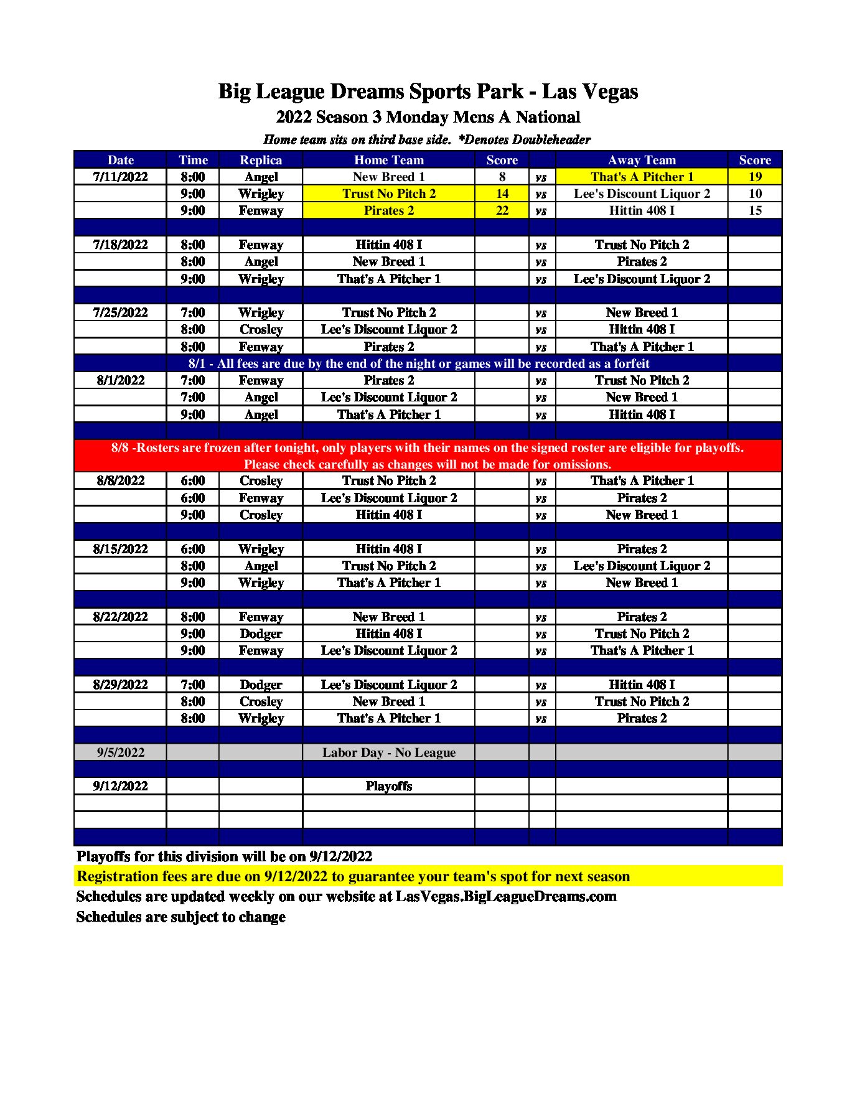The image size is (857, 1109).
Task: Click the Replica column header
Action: coord(261,160)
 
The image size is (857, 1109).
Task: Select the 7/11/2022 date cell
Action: coord(120,177)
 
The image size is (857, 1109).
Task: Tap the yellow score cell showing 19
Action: coord(754,177)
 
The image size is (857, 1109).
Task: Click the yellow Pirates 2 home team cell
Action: coord(388,210)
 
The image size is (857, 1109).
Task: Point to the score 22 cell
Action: coord(502,210)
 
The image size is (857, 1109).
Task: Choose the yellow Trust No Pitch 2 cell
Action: coord(388,194)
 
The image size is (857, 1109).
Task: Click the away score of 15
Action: coord(754,210)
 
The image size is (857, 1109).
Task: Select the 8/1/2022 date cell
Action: coord(120,380)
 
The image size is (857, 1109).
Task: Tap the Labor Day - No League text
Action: coord(388,752)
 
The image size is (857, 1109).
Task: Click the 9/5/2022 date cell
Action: coord(120,752)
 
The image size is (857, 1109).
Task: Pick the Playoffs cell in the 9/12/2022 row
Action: coord(388,786)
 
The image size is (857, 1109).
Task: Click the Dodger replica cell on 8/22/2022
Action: coord(261,634)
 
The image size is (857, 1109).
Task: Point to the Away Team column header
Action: coord(641,160)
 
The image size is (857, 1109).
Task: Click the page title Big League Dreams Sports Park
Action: coord(428,91)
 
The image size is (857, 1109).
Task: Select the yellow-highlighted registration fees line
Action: coord(353,876)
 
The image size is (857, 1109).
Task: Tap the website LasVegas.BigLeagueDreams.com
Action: coord(505,897)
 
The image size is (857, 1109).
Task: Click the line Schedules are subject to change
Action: coord(180,917)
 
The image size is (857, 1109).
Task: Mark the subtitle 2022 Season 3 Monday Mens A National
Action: coord(428,117)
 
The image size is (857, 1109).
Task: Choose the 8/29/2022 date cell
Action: coord(120,685)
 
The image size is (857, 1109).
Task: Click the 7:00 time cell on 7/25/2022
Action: coord(192,312)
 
